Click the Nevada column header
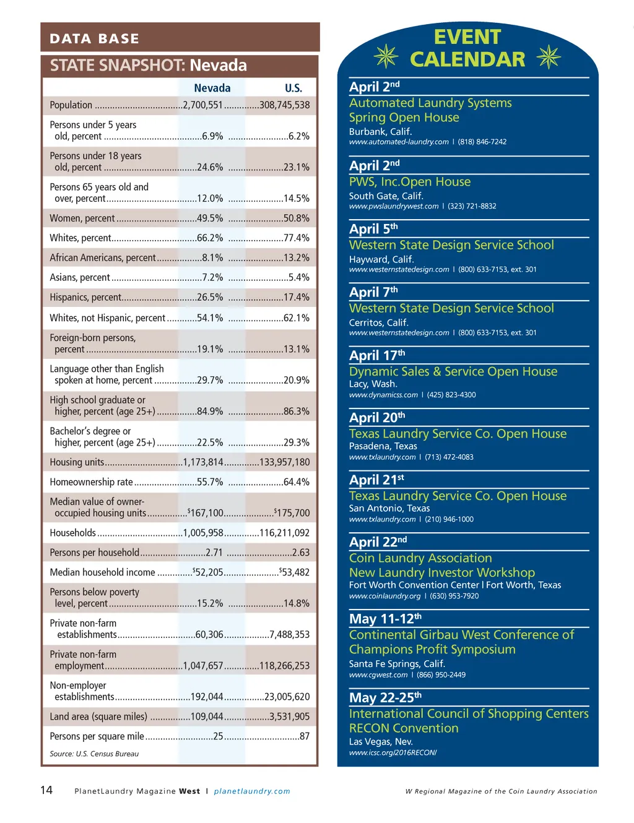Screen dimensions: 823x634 click(212, 88)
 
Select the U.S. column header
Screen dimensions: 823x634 click(293, 88)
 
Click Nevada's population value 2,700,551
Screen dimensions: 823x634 click(202, 105)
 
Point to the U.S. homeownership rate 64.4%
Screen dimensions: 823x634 click(297, 482)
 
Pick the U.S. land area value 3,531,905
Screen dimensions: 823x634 click(290, 717)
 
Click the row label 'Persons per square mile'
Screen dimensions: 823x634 click(97, 736)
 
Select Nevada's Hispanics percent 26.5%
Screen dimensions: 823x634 click(210, 298)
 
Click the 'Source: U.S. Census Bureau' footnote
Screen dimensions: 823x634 click(94, 754)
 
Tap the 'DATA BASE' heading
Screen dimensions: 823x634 click(94, 38)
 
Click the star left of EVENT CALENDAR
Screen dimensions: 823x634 click(386, 56)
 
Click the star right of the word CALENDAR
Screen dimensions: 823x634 click(549, 57)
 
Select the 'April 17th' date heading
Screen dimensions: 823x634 click(377, 355)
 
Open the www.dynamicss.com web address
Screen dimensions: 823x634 click(383, 395)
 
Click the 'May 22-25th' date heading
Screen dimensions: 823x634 click(385, 697)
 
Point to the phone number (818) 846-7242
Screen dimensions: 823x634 click(482, 142)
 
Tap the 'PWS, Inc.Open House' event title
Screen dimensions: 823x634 click(410, 182)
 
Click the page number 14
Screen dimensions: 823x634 click(46, 790)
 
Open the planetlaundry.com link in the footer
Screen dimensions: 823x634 click(252, 791)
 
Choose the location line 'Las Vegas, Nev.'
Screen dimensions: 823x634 click(381, 741)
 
